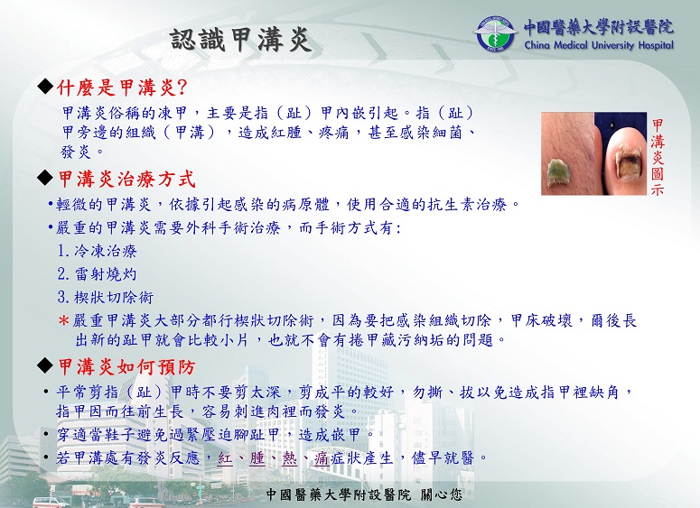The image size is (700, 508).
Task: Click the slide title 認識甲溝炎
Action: pyautogui.click(x=240, y=41)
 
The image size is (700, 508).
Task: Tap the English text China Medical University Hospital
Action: pyautogui.click(x=599, y=45)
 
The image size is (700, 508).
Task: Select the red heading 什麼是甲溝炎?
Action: pyautogui.click(x=122, y=88)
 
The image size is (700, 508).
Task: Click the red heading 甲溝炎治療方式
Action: pyautogui.click(x=126, y=180)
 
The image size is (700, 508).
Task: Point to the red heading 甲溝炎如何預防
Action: pyautogui.click(x=126, y=367)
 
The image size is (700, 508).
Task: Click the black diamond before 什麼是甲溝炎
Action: pyautogui.click(x=45, y=86)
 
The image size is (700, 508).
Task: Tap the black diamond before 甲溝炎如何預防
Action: pyautogui.click(x=45, y=365)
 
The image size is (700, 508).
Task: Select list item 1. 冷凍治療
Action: pyautogui.click(x=97, y=251)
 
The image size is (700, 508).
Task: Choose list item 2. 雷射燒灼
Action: pyautogui.click(x=97, y=273)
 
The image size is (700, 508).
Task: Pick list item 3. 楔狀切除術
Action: pyautogui.click(x=106, y=297)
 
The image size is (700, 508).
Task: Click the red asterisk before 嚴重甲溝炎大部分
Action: pyautogui.click(x=64, y=320)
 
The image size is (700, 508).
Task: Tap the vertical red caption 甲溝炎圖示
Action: pyautogui.click(x=658, y=157)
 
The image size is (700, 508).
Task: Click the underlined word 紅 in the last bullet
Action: pyautogui.click(x=226, y=458)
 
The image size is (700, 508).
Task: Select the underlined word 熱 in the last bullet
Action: pyautogui.click(x=290, y=458)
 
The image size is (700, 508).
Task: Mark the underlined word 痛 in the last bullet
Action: pyautogui.click(x=322, y=458)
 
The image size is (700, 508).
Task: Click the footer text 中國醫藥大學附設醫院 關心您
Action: pyautogui.click(x=364, y=494)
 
